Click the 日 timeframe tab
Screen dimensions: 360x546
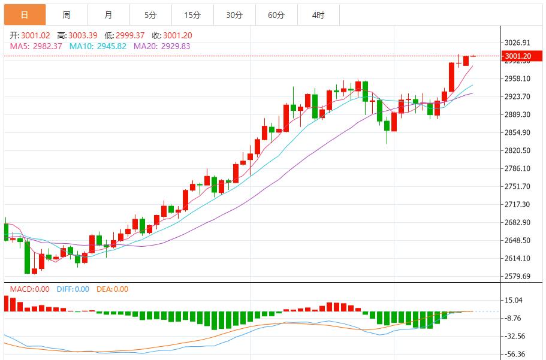click(x=24, y=15)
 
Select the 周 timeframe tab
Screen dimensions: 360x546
click(x=67, y=15)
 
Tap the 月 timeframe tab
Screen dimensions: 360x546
click(x=108, y=15)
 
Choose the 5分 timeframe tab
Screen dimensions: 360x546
click(x=150, y=15)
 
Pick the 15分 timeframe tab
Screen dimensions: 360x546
click(x=192, y=15)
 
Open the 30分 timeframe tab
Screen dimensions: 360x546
click(x=234, y=15)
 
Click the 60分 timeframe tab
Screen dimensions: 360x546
click(x=276, y=15)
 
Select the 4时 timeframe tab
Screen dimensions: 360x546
click(x=318, y=15)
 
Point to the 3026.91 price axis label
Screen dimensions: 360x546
click(x=518, y=43)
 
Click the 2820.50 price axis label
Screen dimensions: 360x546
click(x=518, y=150)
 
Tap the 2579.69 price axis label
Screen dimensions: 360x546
click(x=518, y=276)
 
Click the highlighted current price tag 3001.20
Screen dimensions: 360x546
click(x=517, y=56)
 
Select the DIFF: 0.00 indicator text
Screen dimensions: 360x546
click(x=73, y=289)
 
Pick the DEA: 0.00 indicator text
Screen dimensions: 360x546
click(x=113, y=289)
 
